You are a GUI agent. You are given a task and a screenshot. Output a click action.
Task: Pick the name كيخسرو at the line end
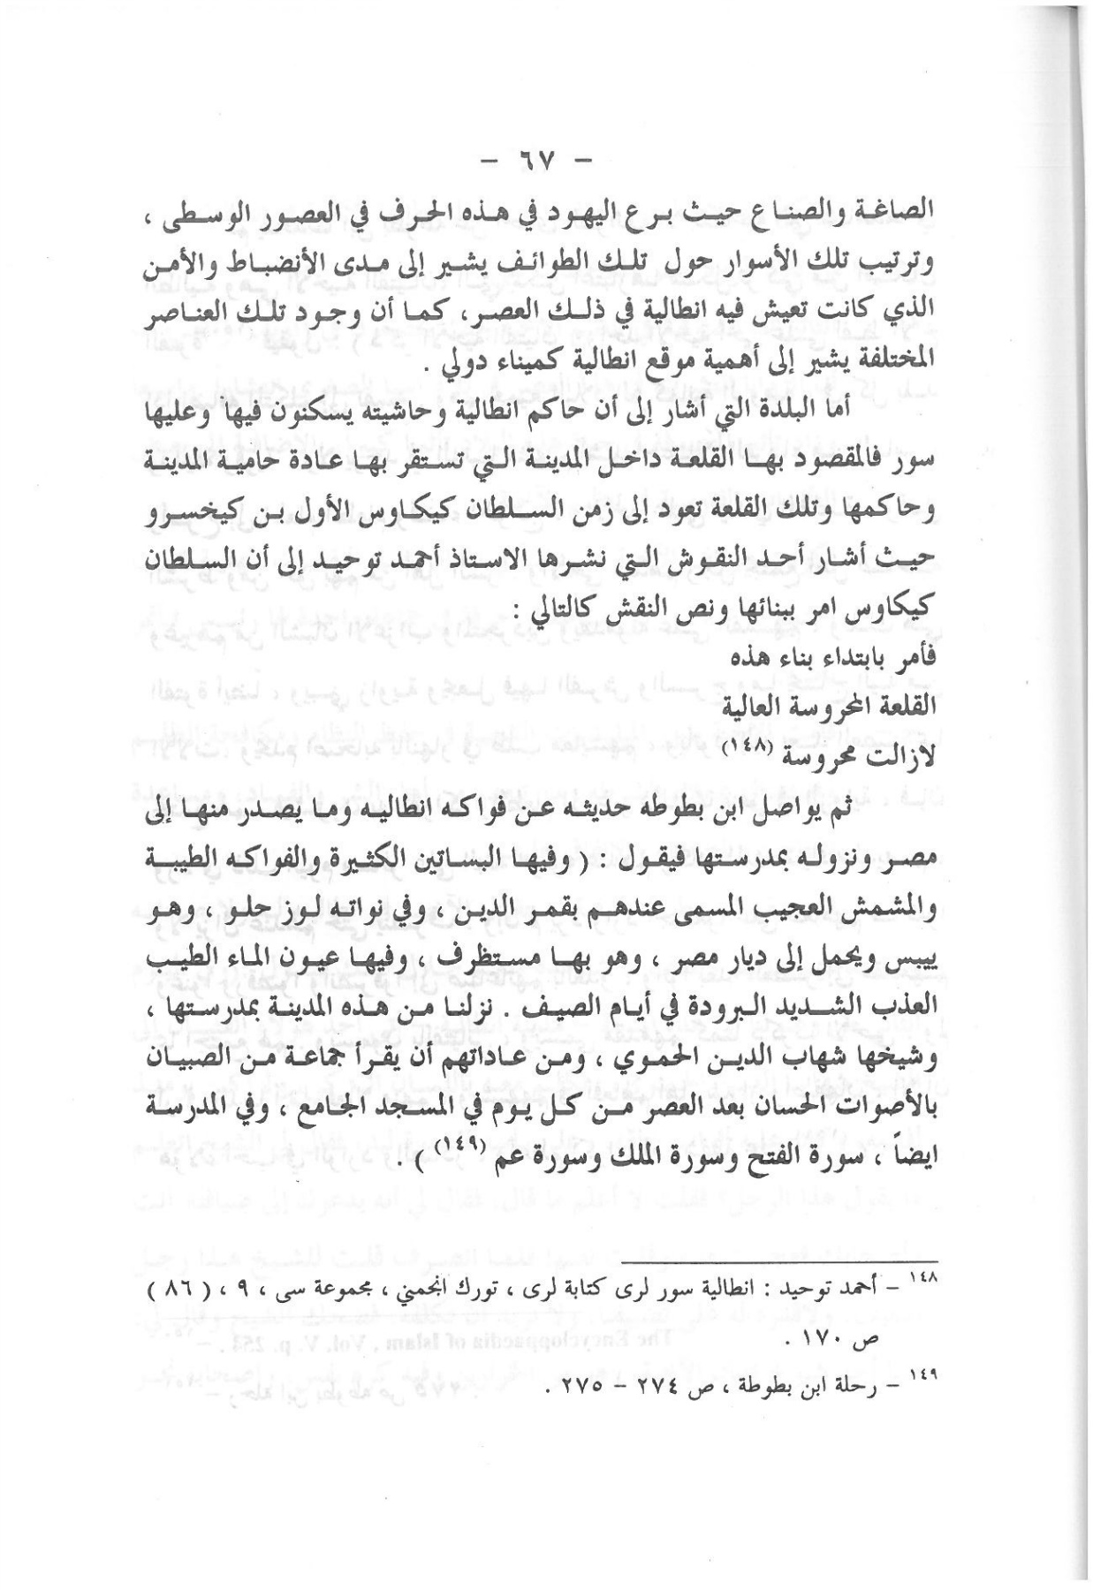[x=191, y=511]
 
